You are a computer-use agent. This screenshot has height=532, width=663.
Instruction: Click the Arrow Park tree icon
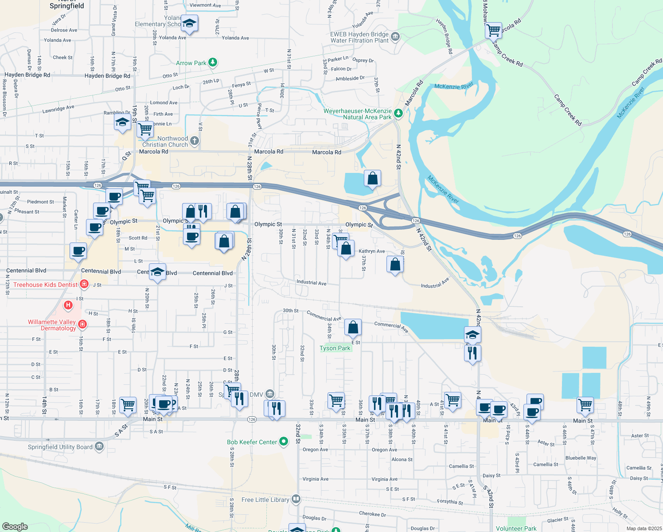click(213, 62)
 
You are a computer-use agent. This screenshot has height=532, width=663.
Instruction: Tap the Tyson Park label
click(335, 348)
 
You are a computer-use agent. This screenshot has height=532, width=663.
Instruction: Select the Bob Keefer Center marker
click(284, 442)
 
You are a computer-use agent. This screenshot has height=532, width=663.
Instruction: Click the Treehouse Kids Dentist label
click(45, 285)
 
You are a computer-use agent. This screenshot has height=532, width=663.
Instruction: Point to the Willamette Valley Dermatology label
click(52, 325)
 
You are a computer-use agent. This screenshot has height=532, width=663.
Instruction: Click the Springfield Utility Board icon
click(99, 446)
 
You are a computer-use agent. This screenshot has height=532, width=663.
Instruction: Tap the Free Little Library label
click(265, 500)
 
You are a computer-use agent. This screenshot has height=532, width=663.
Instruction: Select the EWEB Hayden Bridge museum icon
click(395, 36)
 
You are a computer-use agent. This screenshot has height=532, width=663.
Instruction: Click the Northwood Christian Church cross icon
click(194, 141)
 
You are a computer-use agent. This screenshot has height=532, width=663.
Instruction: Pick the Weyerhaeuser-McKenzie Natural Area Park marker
click(398, 113)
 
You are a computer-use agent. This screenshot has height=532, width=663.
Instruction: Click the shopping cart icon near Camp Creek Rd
click(493, 31)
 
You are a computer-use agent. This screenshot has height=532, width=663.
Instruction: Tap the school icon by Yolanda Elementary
click(189, 23)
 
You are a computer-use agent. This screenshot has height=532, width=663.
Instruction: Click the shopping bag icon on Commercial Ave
click(353, 328)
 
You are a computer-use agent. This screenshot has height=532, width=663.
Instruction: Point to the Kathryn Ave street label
click(372, 251)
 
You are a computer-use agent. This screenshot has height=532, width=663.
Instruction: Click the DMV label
click(256, 394)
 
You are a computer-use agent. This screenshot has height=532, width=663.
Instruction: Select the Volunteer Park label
click(516, 528)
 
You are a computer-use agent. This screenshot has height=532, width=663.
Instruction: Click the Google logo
click(15, 527)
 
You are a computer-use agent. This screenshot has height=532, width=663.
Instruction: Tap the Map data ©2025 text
click(644, 528)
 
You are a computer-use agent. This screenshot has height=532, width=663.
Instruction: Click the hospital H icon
click(68, 305)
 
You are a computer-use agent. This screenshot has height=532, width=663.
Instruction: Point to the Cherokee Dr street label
click(372, 514)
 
